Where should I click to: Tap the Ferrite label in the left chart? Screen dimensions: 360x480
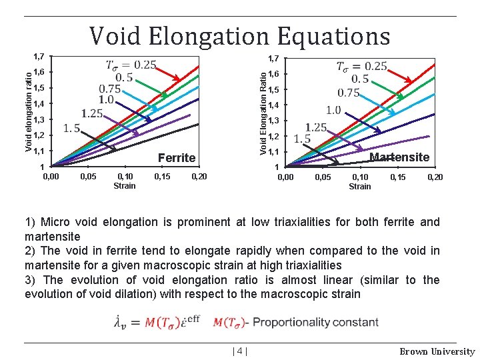177,158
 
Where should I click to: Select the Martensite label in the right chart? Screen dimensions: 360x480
399,157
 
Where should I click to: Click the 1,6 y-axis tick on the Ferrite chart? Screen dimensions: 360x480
39,72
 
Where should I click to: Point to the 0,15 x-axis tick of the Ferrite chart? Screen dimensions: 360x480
162,177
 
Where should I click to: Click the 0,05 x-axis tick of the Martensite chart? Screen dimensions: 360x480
323,177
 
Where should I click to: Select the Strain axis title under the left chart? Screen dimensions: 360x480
125,186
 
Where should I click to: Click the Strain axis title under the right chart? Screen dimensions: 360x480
360,186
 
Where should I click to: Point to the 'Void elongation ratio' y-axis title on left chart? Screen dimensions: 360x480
29,106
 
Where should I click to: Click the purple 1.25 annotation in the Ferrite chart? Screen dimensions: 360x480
92,113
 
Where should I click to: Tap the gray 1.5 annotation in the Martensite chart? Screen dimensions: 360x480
302,139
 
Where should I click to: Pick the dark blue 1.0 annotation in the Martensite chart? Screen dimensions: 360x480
333,109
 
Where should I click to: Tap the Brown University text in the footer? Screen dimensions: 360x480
437,351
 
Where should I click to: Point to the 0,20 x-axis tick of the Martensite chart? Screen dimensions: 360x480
435,177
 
